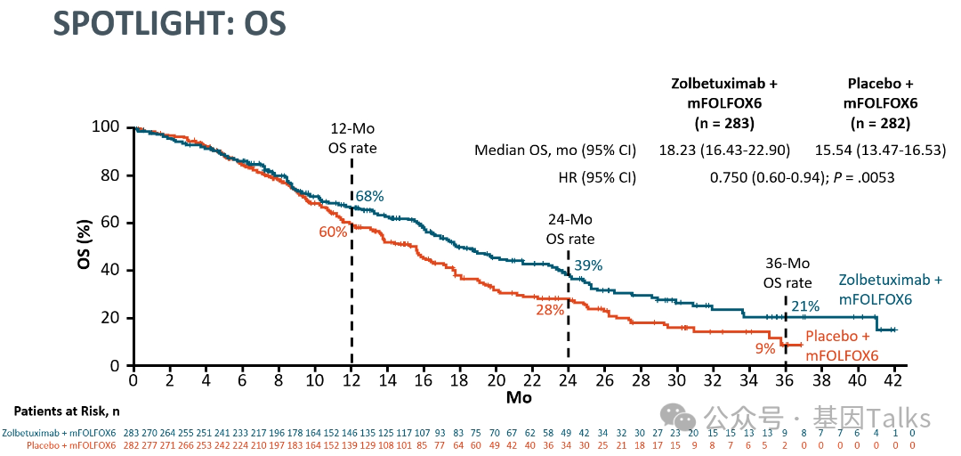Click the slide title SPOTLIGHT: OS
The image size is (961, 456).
pyautogui.click(x=169, y=25)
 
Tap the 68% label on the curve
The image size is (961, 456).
pyautogui.click(x=369, y=196)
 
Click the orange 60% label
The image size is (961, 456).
pyautogui.click(x=334, y=232)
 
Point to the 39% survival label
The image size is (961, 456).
pyautogui.click(x=588, y=265)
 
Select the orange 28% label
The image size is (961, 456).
pyautogui.click(x=550, y=310)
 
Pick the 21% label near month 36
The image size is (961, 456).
pyautogui.click(x=805, y=306)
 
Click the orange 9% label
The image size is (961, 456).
pyautogui.click(x=765, y=348)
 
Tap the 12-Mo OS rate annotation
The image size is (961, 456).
pyautogui.click(x=351, y=139)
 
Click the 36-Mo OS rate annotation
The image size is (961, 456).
pyautogui.click(x=787, y=273)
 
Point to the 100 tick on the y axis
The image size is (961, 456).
pyautogui.click(x=106, y=127)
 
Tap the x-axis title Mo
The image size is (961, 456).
pyautogui.click(x=518, y=398)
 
